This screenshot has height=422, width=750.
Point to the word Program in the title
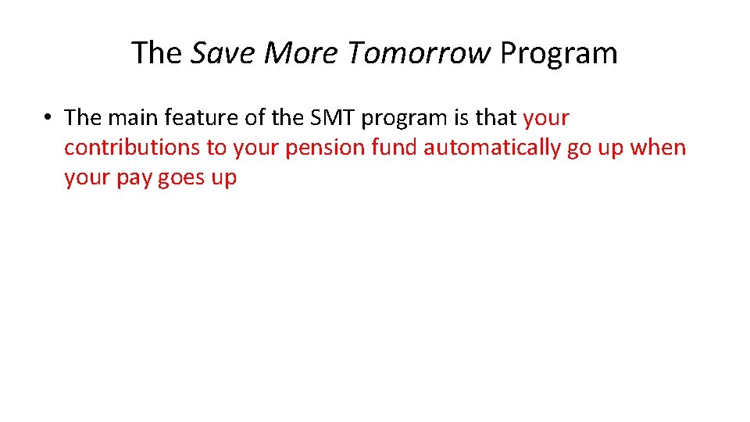tap(559, 53)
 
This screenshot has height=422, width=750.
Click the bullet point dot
tap(48, 119)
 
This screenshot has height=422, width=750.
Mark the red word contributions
tap(132, 148)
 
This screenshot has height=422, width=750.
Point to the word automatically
tap(491, 148)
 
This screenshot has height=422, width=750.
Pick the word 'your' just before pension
tap(251, 148)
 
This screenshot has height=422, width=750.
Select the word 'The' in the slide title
tap(157, 53)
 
